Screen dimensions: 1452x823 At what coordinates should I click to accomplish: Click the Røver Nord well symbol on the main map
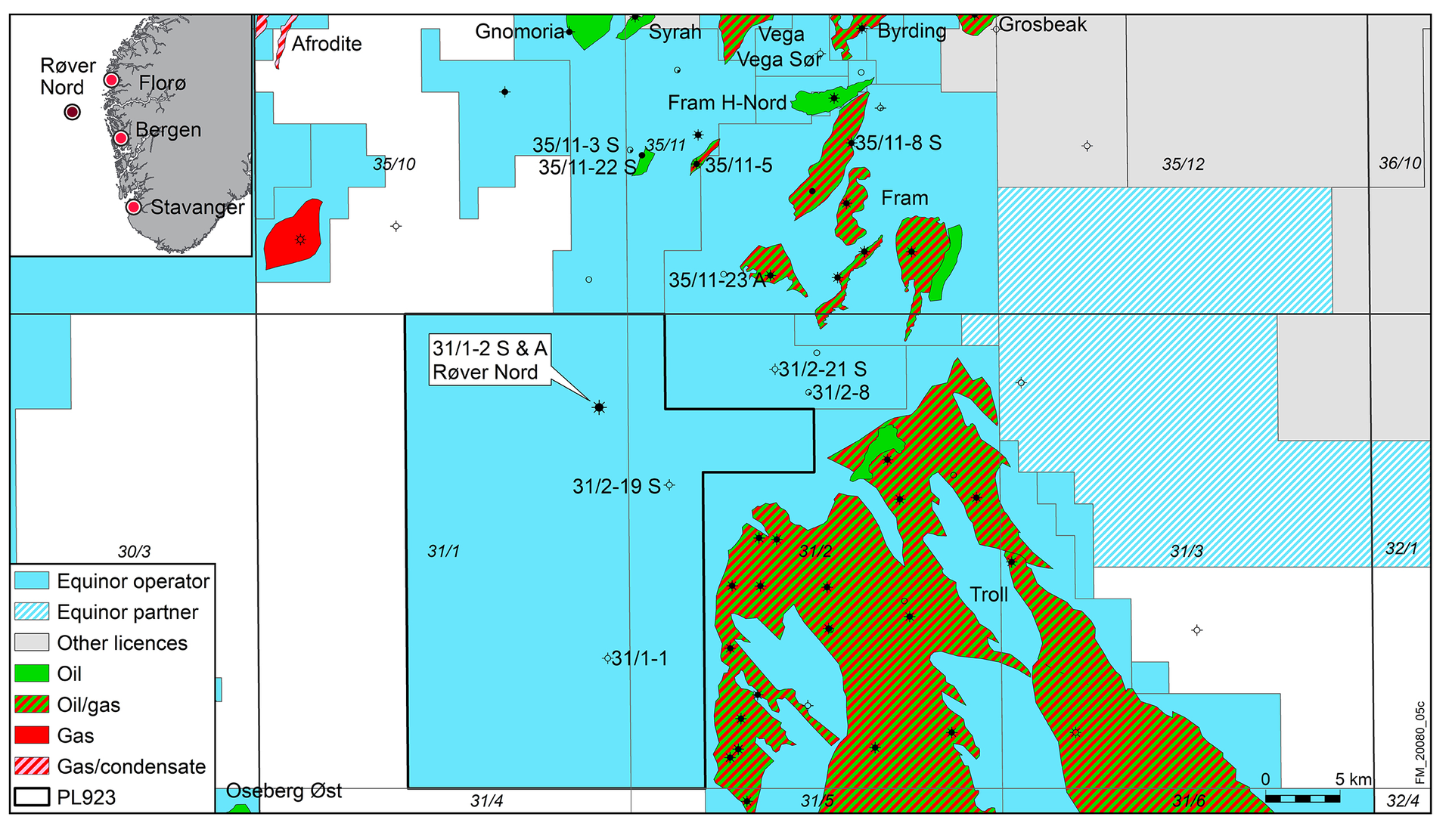point(599,407)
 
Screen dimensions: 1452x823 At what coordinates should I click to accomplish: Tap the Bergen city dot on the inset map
point(120,138)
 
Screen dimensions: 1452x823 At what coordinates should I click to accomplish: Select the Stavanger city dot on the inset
point(133,206)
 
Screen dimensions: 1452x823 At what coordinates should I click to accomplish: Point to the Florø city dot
point(111,79)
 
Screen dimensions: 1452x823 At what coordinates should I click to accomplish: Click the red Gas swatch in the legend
point(32,735)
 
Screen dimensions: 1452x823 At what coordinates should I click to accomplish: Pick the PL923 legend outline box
point(32,797)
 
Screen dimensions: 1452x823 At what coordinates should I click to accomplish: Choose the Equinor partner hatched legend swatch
point(32,611)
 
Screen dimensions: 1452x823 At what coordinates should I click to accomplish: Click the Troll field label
point(989,595)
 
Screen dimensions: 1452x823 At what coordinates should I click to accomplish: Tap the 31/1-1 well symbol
point(607,658)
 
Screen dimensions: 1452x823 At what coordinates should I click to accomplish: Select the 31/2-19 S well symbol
point(669,485)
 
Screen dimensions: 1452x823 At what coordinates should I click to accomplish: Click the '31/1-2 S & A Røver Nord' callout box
point(490,360)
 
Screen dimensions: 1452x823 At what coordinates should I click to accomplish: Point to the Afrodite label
point(327,44)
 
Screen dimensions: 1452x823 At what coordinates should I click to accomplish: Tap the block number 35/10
point(394,164)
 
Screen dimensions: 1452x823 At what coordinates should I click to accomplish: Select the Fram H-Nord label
point(727,103)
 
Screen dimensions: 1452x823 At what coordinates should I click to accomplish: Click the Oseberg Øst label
point(284,791)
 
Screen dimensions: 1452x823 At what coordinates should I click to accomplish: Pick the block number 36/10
point(1400,163)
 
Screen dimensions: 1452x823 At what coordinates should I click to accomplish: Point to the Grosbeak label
point(1043,25)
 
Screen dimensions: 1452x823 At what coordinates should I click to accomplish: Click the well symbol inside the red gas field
point(300,239)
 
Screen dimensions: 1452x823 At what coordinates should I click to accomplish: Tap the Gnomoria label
point(520,32)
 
